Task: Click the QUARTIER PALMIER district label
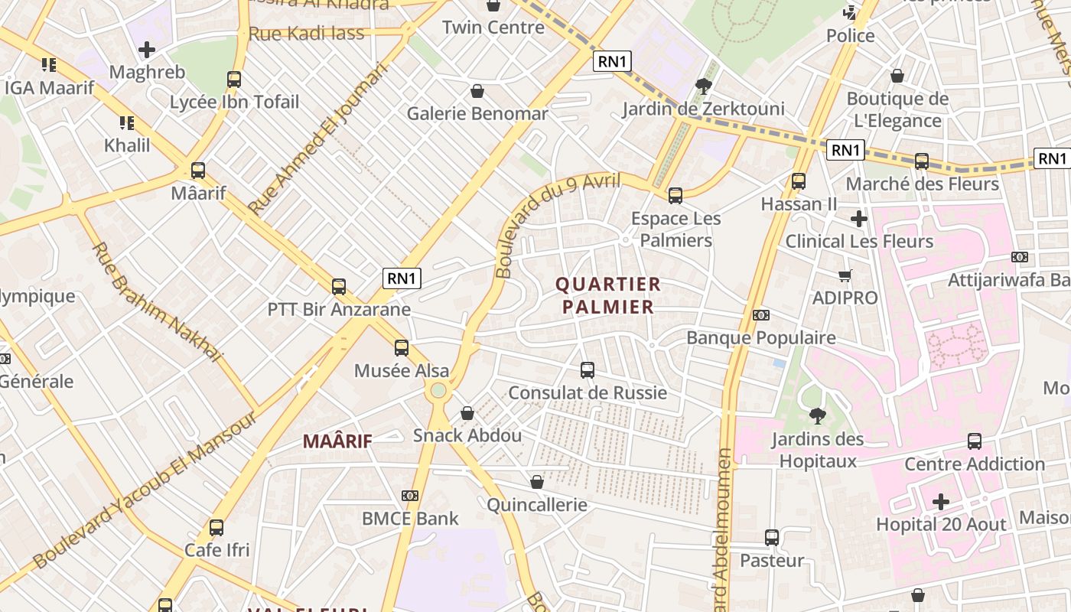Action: (x=608, y=295)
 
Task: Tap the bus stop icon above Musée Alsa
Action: (x=402, y=348)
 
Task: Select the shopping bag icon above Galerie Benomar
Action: (x=477, y=91)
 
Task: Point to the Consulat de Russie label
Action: (x=588, y=393)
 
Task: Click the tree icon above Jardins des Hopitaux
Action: (x=817, y=416)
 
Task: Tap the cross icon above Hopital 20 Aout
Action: (x=941, y=502)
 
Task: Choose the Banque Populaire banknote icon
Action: (x=760, y=315)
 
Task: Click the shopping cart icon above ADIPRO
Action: (x=845, y=275)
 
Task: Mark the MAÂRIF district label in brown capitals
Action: (x=337, y=441)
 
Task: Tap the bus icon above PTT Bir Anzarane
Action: (x=339, y=287)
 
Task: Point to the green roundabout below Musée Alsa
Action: (x=438, y=391)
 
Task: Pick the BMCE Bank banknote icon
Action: (x=410, y=496)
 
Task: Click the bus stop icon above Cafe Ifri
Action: (x=216, y=527)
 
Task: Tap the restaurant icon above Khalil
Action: (x=126, y=122)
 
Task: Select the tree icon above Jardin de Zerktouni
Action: (x=703, y=86)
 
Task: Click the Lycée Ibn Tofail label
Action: (x=234, y=102)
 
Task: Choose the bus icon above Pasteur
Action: (x=772, y=538)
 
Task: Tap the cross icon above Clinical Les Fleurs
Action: (x=859, y=219)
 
